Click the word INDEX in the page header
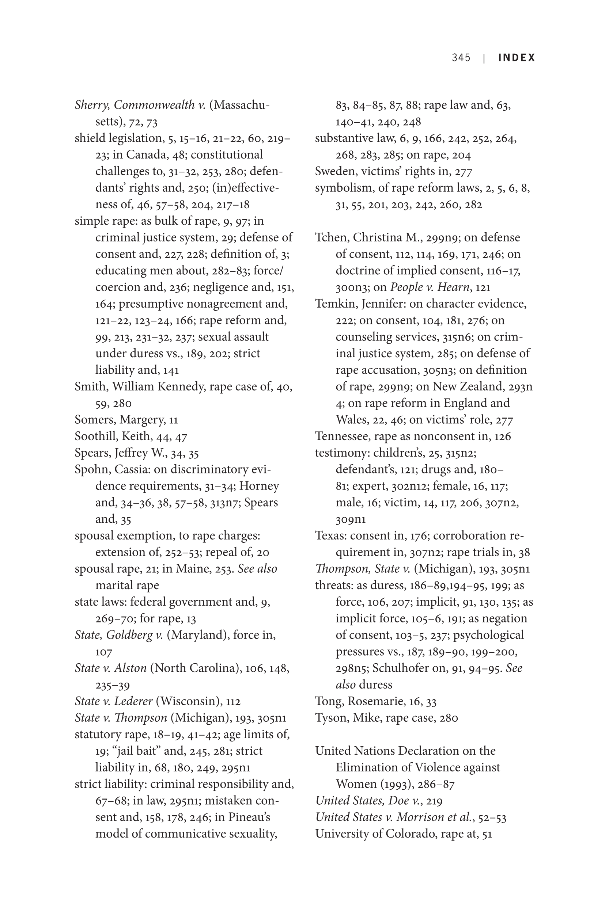516,58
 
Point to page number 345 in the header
461,58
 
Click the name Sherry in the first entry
92,105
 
